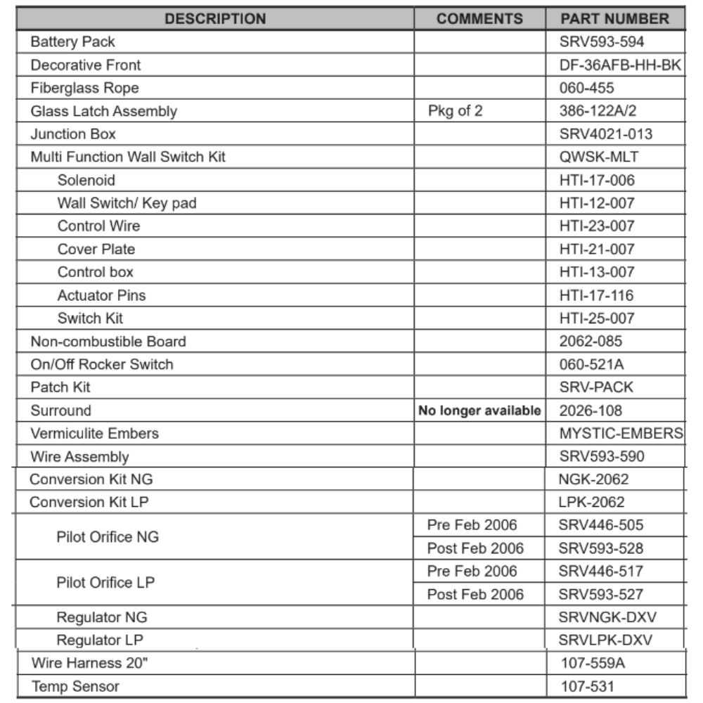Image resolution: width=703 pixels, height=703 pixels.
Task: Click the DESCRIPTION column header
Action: [215, 19]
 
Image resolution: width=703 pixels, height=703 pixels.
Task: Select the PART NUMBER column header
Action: [614, 19]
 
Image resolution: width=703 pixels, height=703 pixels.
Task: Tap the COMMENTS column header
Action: [479, 19]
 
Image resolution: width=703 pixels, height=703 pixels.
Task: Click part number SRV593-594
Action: [602, 42]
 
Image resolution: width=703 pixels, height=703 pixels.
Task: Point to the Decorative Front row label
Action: [85, 65]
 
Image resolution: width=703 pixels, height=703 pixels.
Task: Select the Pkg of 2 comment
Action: [455, 111]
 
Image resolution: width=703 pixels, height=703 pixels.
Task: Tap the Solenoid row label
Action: [86, 181]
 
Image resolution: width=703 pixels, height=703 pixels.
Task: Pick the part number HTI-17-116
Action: [597, 295]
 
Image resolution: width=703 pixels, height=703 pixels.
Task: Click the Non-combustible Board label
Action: [108, 342]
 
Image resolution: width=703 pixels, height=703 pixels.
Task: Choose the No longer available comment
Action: [479, 411]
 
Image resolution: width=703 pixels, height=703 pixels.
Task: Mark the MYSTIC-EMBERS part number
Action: [621, 434]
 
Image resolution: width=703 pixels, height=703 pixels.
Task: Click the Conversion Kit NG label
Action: [91, 479]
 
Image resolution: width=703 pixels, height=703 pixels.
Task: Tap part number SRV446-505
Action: [600, 525]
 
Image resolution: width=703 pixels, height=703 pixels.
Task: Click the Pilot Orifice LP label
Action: [105, 583]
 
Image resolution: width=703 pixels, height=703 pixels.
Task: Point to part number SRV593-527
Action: [600, 595]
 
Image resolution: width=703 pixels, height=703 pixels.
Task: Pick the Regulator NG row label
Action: [102, 618]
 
